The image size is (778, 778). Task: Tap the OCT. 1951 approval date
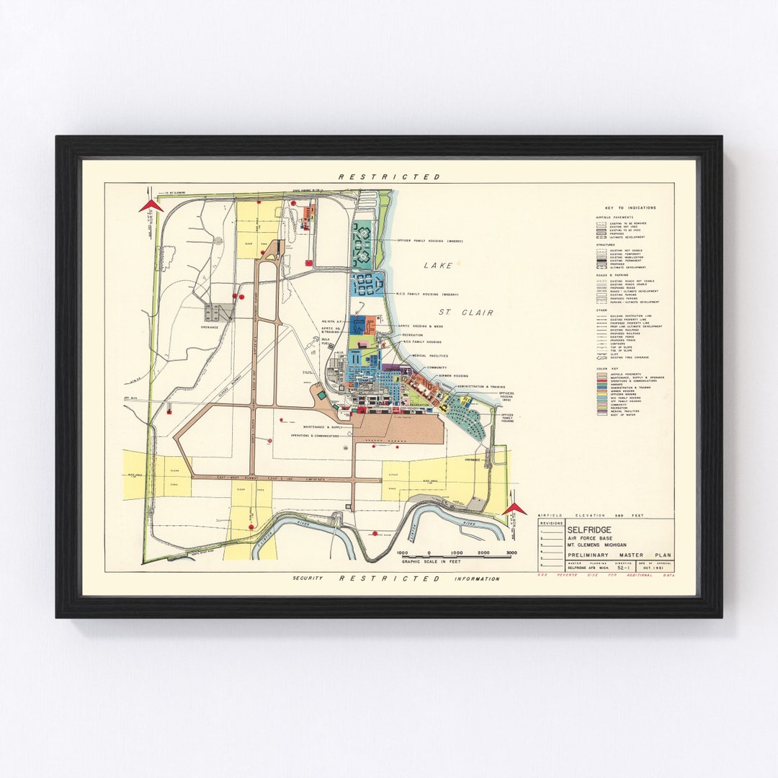[x=663, y=568]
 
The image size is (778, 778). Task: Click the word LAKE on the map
[x=439, y=266]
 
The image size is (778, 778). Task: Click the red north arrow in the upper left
[x=151, y=206]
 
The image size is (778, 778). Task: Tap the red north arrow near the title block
[x=514, y=509]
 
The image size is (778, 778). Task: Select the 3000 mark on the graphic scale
[x=511, y=553]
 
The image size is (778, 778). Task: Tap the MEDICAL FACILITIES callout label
[x=429, y=356]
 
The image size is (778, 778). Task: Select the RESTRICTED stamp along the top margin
[x=389, y=176]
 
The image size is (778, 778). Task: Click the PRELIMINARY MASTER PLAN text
[x=619, y=555]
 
